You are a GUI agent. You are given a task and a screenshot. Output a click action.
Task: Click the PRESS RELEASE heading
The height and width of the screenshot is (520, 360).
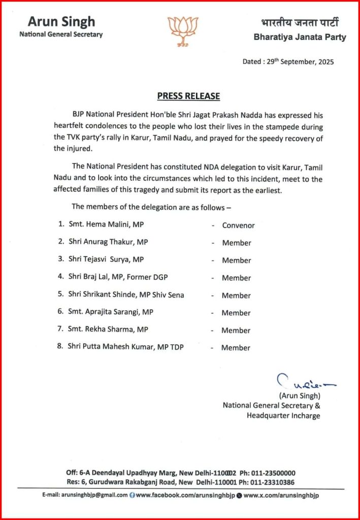[188, 96]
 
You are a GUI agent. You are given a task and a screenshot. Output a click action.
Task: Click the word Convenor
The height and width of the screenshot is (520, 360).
[238, 225]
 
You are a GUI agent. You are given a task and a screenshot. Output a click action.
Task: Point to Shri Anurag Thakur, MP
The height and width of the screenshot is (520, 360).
[108, 243]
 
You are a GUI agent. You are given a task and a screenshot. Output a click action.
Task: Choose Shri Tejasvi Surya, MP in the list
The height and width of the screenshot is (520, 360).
[106, 260]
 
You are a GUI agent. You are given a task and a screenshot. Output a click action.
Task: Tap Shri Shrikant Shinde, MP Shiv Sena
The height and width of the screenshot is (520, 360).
[126, 295]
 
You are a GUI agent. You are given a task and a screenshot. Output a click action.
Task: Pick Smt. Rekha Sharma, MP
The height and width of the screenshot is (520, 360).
[108, 330]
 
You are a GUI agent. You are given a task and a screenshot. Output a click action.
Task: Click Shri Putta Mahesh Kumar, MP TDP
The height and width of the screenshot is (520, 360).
[126, 347]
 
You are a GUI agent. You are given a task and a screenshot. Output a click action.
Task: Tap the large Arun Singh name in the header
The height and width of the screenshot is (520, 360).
[61, 21]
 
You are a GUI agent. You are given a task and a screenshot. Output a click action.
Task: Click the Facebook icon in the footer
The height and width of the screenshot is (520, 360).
[133, 495]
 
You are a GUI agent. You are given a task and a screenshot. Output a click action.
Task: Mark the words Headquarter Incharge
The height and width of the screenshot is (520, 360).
[283, 416]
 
